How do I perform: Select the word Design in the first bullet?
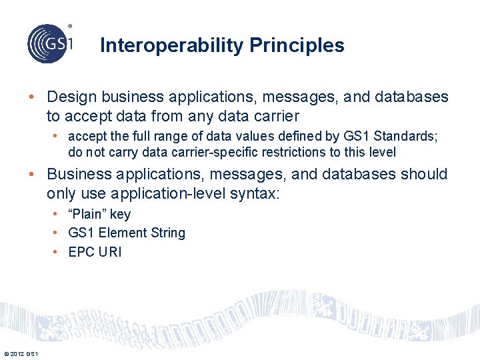(x=71, y=97)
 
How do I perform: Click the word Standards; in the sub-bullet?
(x=405, y=137)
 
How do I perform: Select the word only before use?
(x=61, y=193)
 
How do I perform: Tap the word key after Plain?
(x=120, y=214)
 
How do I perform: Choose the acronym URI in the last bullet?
(x=110, y=252)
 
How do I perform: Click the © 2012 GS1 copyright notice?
(x=21, y=353)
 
